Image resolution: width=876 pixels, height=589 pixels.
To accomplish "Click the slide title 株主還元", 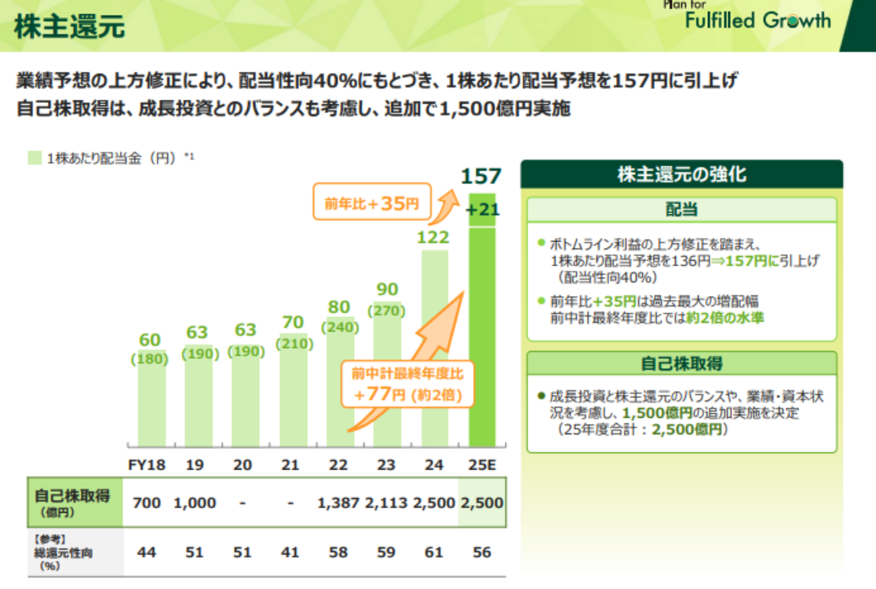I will (x=69, y=28).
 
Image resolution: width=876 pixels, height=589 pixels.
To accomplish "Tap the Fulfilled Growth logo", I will (x=757, y=20).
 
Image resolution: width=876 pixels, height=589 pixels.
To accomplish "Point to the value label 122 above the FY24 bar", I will (x=434, y=237).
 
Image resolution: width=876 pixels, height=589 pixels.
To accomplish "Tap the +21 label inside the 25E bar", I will (x=482, y=210).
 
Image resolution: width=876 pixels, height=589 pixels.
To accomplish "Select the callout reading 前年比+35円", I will (x=371, y=202).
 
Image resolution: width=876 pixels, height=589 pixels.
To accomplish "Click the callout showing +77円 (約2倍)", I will (x=407, y=384).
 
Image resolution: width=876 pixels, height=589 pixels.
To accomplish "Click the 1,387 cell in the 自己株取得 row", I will (x=338, y=503).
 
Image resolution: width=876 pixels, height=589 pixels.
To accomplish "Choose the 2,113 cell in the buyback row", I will (x=387, y=503).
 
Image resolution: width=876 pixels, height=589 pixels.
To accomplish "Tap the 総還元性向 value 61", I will (x=434, y=552).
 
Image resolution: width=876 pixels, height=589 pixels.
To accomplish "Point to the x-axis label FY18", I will (x=147, y=465).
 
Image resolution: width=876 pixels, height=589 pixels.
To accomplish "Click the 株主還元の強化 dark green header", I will (x=681, y=175).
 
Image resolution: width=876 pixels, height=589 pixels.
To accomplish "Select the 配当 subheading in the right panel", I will (x=681, y=210).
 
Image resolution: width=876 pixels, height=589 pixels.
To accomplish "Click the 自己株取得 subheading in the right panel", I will (x=681, y=364).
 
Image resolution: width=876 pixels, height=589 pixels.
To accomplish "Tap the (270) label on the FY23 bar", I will (x=386, y=311).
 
